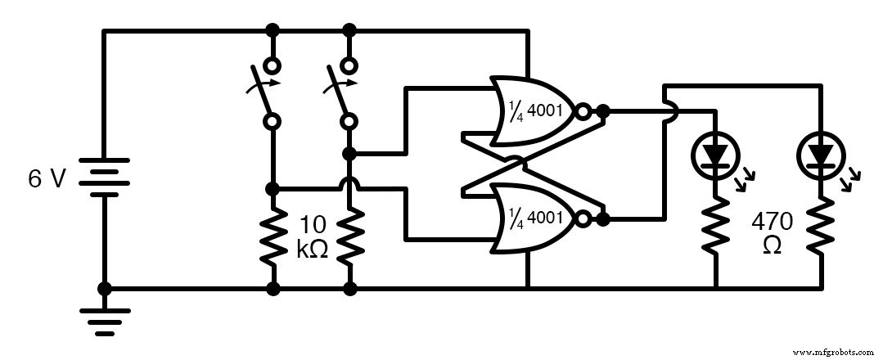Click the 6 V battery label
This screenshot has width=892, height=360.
(x=46, y=179)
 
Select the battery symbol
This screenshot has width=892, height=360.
(x=104, y=179)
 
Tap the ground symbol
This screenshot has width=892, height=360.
(x=104, y=321)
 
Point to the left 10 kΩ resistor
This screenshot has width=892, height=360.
(x=273, y=237)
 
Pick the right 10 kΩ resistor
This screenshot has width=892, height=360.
(x=350, y=237)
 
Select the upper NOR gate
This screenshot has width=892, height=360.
(x=532, y=110)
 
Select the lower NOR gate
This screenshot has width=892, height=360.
(x=532, y=218)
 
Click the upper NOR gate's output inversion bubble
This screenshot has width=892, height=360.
(x=582, y=110)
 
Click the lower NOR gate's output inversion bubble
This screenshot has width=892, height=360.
(x=582, y=218)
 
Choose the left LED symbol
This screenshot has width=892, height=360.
(x=715, y=154)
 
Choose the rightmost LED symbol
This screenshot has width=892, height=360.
(x=821, y=154)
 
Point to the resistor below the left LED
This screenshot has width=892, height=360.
(x=716, y=225)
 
